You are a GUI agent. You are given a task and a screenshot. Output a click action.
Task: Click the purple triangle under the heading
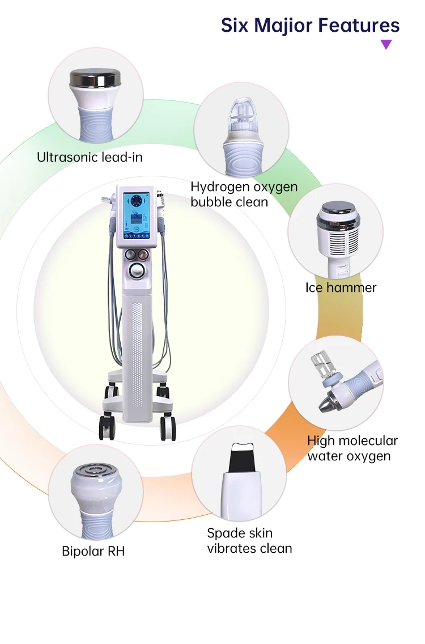pyautogui.click(x=386, y=44)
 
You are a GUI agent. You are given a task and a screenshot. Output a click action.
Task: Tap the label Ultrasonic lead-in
pyautogui.click(x=90, y=157)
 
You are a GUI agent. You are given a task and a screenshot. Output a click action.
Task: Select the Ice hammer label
pyautogui.click(x=341, y=287)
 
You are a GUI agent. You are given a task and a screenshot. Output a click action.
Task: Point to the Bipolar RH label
pyautogui.click(x=93, y=550)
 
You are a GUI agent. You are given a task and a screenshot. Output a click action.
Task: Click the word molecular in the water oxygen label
pyautogui.click(x=368, y=441)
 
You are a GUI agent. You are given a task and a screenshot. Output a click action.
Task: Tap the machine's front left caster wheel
pyautogui.click(x=107, y=427)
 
